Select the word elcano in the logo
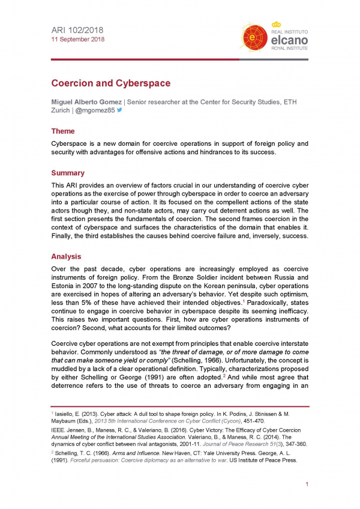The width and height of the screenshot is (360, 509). point(290,40)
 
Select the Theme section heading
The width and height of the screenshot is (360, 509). point(63,131)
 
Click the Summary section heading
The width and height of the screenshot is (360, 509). point(68,173)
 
